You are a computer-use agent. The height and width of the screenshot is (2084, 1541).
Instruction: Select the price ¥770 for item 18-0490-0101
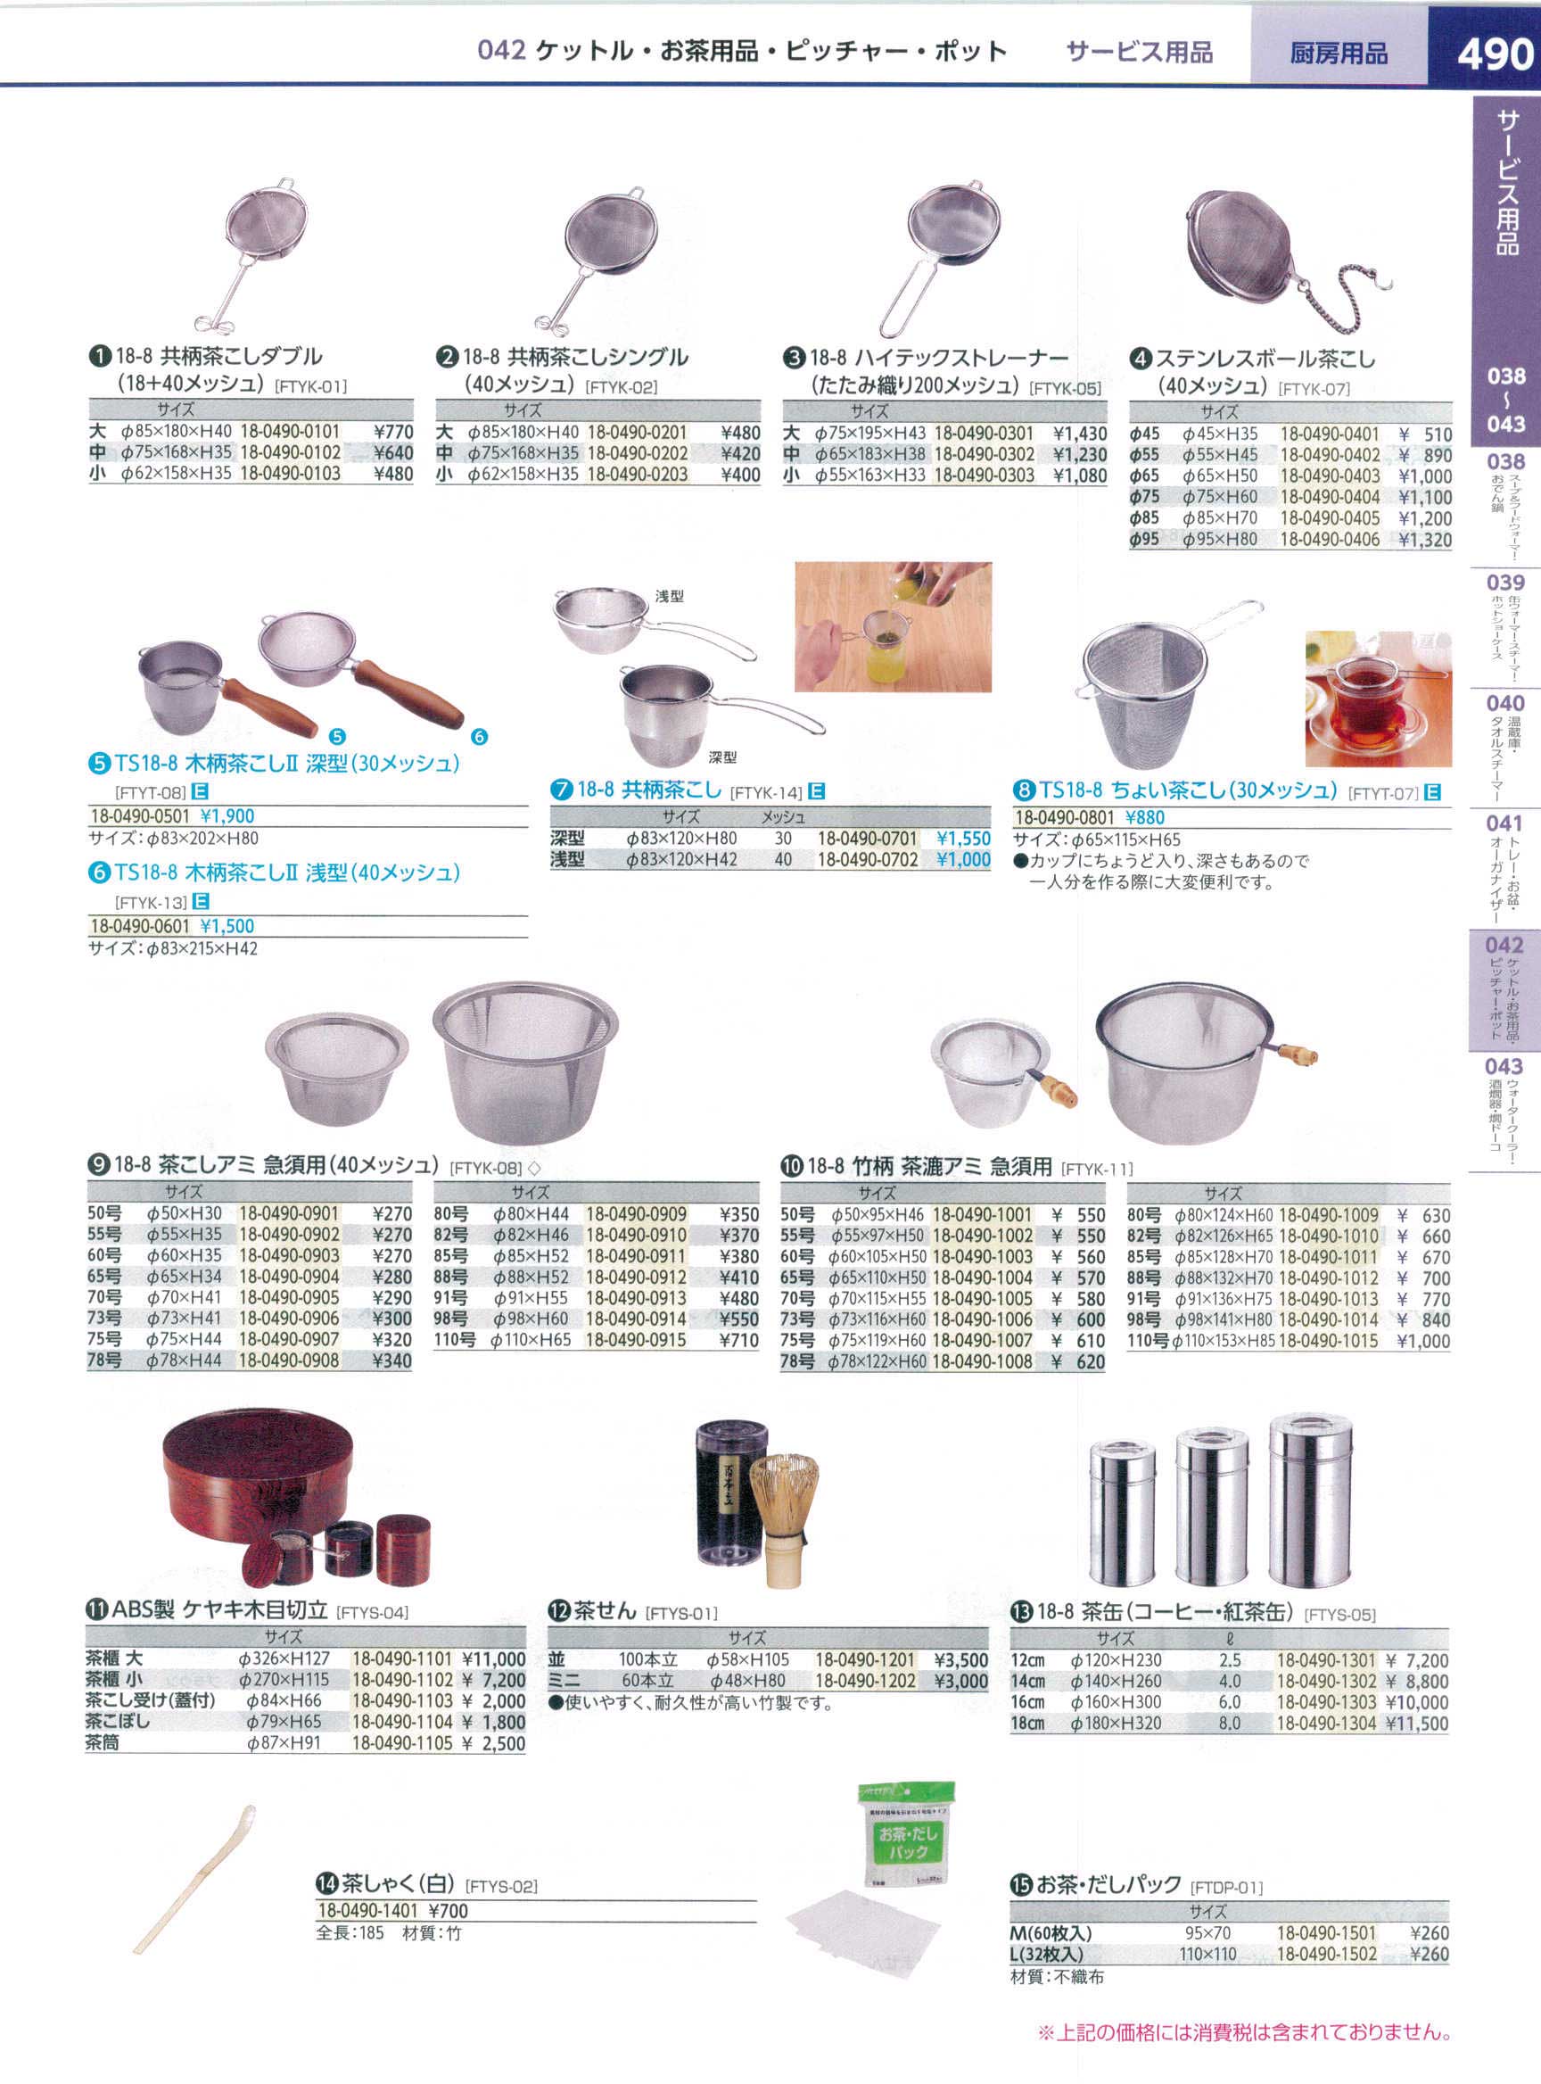pos(392,432)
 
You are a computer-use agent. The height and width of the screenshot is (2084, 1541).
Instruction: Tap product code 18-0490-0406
pos(1330,540)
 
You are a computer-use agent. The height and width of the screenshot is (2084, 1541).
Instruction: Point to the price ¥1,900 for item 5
pos(227,815)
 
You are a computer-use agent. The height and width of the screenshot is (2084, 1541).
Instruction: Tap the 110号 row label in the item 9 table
pos(454,1340)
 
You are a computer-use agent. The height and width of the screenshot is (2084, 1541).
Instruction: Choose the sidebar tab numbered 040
pos(1504,704)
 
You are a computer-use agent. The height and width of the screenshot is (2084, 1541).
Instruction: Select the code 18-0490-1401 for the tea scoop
pos(367,1911)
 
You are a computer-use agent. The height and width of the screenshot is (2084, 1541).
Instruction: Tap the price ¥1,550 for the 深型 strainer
pos(962,838)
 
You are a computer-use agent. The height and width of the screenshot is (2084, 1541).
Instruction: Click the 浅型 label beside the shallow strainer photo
pos(669,595)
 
